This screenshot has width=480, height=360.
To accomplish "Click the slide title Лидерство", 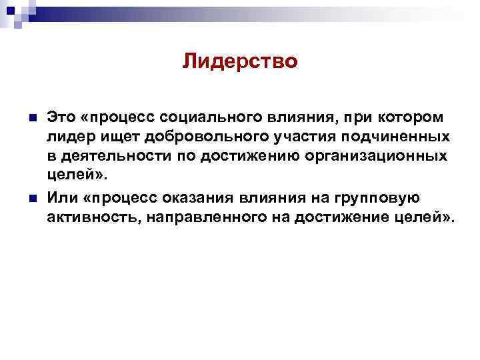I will point(239,62).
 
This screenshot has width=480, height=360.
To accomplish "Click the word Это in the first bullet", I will point(60,118).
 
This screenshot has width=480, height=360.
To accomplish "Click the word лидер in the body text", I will point(66,137).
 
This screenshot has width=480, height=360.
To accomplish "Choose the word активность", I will point(87,218).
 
